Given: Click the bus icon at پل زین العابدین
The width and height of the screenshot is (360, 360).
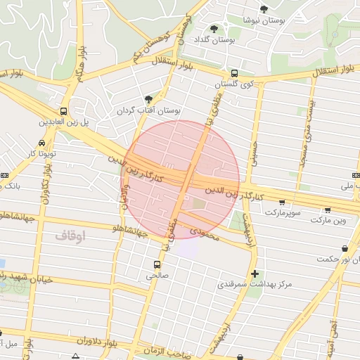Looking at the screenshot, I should pyautogui.click(x=64, y=111).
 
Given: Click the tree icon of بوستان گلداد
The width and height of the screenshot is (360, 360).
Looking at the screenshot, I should pyautogui.click(x=214, y=29).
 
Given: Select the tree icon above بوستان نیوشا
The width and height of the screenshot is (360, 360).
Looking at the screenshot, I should pyautogui.click(x=264, y=9).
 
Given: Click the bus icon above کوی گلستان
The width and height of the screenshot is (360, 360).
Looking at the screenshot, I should pyautogui.click(x=234, y=72).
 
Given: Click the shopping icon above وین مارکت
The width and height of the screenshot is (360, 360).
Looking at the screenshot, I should pyautogui.click(x=328, y=210).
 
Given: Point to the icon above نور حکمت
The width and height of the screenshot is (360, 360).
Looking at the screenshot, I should pyautogui.click(x=344, y=248).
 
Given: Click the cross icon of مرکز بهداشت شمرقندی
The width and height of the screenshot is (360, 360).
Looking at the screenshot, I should pyautogui.click(x=255, y=273).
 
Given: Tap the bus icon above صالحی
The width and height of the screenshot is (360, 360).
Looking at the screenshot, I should pyautogui.click(x=156, y=265).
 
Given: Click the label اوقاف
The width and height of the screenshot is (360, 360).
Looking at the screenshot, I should pyautogui.click(x=70, y=236).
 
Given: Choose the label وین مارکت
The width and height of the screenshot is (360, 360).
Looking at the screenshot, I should pyautogui.click(x=330, y=221).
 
